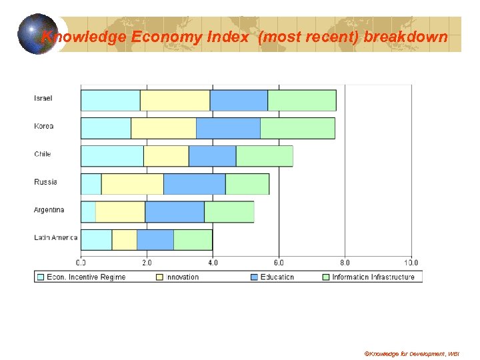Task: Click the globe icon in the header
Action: click(37, 33)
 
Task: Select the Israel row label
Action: click(43, 99)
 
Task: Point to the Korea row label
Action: click(44, 127)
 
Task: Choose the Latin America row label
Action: click(55, 238)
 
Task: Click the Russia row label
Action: click(45, 182)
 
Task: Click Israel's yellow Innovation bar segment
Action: click(175, 100)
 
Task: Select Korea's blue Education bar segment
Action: click(228, 128)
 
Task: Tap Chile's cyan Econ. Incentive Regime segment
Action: click(112, 156)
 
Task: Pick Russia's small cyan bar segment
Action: click(91, 184)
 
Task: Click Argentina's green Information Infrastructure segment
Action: click(229, 212)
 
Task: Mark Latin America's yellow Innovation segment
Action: click(124, 240)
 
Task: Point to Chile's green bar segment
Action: click(264, 156)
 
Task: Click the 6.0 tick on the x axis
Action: click(279, 262)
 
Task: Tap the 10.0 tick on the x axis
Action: click(411, 262)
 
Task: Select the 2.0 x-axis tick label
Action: click(147, 262)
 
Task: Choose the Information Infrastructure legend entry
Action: click(373, 277)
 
